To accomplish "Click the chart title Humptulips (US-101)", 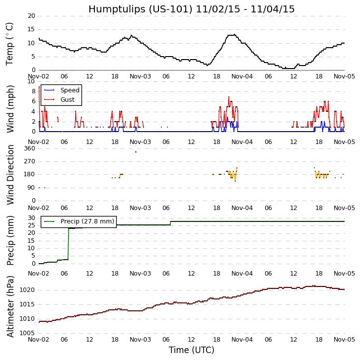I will (x=191, y=9).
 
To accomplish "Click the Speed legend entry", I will (x=70, y=90).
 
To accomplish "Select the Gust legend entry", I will (x=67, y=100).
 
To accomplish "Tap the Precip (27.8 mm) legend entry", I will (x=87, y=221).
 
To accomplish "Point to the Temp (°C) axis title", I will (x=10, y=43).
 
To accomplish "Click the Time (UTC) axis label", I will (x=191, y=350).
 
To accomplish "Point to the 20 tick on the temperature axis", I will (x=31, y=16).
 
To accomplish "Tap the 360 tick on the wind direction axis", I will (x=29, y=148).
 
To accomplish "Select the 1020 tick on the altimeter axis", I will (x=27, y=290).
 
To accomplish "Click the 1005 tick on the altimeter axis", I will (x=27, y=333).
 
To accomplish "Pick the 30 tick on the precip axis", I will (x=31, y=218).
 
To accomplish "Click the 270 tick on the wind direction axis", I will (x=29, y=161).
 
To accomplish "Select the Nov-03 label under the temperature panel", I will (x=140, y=77).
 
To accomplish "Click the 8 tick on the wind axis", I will (x=33, y=91).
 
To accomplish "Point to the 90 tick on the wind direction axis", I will (x=31, y=188).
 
